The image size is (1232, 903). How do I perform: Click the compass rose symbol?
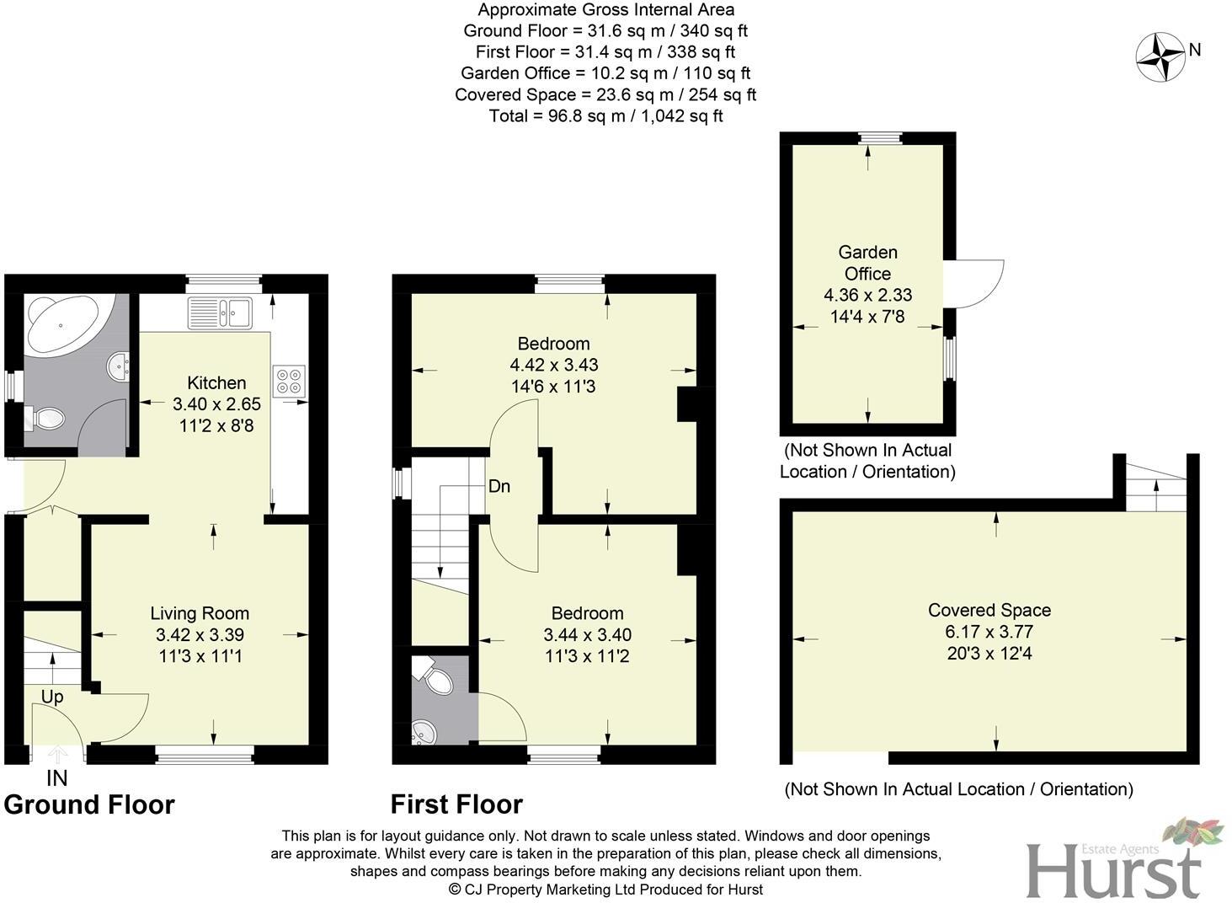click(1160, 56)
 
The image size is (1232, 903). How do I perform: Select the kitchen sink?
click(219, 312)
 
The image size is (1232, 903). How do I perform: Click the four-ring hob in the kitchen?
click(289, 380)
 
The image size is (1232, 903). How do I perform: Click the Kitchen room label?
click(216, 382)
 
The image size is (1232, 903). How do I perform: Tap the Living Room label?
click(200, 613)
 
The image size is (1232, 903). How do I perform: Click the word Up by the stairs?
click(52, 697)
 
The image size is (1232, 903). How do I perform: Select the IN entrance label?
click(56, 777)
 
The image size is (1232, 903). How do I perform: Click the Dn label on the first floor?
click(499, 486)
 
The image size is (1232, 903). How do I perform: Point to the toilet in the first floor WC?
click(433, 676)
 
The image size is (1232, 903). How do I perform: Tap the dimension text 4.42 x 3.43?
click(553, 365)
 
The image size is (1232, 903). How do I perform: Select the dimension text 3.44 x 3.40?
click(587, 634)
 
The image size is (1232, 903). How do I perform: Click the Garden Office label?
click(867, 263)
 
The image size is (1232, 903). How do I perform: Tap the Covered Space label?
click(989, 610)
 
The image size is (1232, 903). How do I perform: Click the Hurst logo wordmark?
click(1113, 871)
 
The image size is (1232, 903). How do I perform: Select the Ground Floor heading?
click(89, 804)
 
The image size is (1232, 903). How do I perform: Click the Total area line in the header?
click(605, 116)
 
